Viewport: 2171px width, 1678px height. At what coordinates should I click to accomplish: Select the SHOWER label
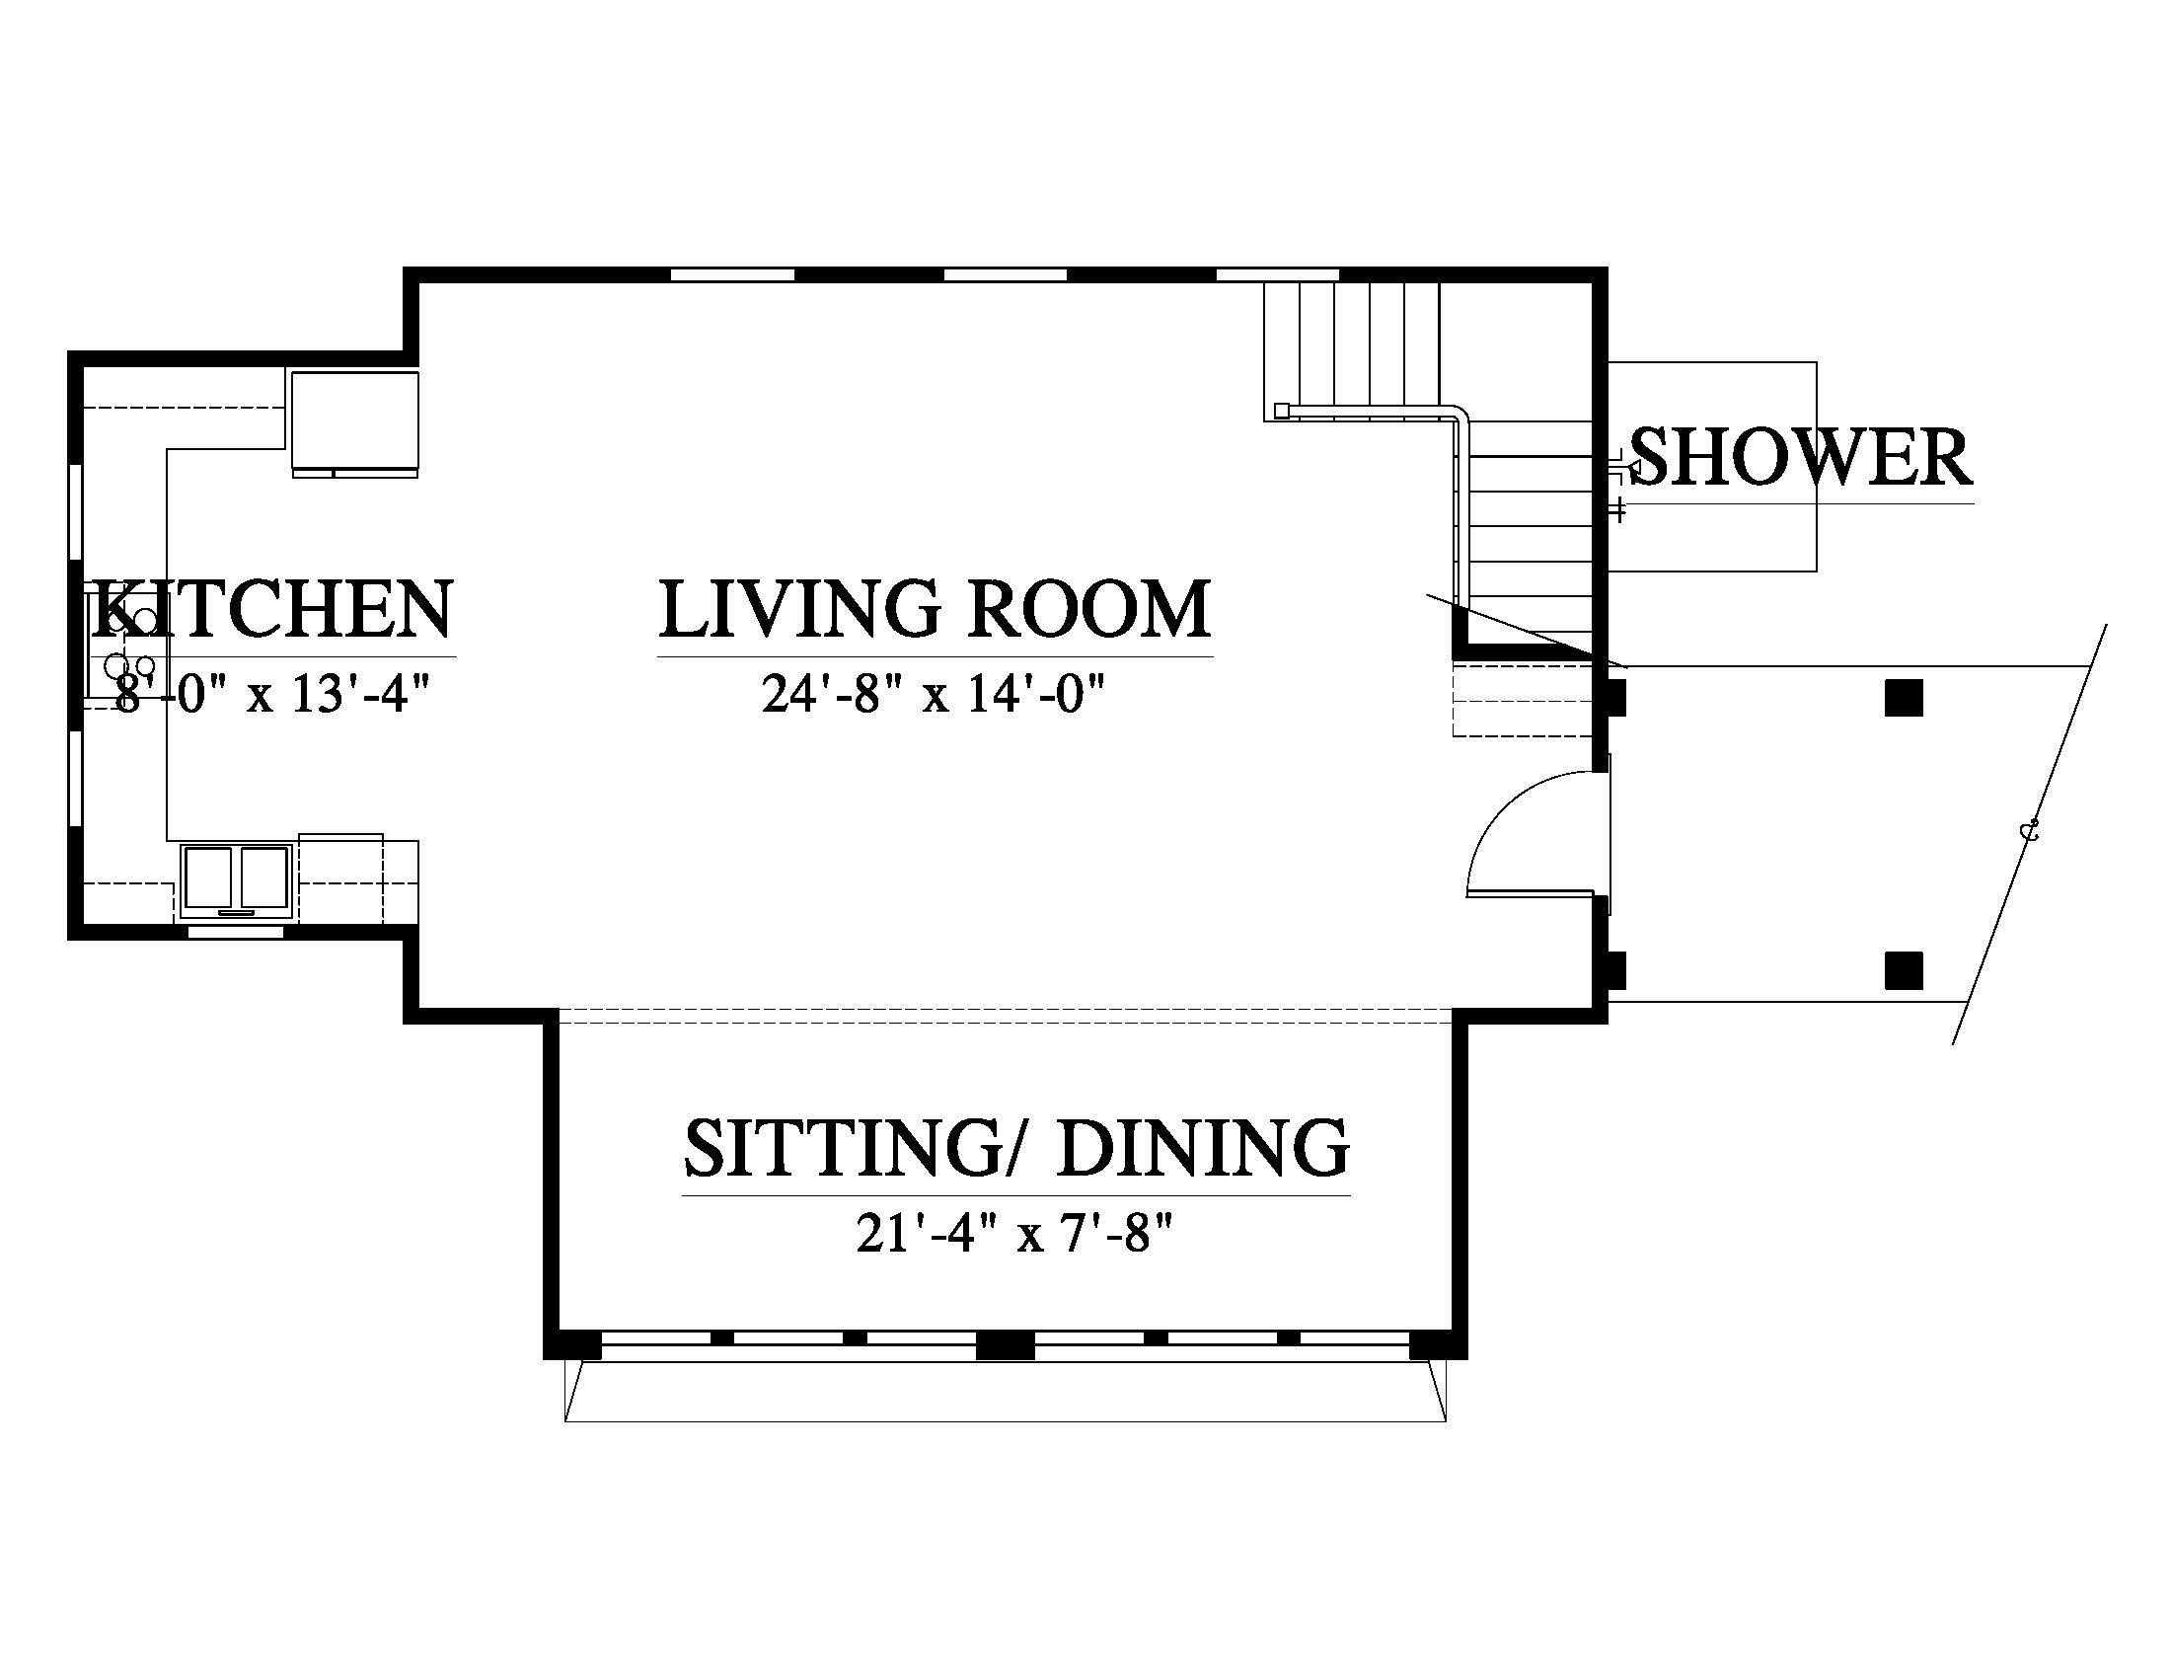1801,458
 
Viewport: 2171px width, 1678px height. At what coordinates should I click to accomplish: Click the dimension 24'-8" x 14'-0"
935,694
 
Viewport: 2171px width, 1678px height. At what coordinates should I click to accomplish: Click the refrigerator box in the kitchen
355,422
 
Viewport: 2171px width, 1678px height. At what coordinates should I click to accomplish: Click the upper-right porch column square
1904,699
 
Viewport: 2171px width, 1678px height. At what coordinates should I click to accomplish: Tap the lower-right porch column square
1904,970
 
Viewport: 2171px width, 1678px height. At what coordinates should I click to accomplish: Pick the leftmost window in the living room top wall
732,274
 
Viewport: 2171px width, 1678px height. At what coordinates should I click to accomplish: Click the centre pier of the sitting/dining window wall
1006,1345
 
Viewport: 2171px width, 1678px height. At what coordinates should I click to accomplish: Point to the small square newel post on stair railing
1281,410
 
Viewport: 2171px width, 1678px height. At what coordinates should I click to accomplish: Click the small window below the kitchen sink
237,932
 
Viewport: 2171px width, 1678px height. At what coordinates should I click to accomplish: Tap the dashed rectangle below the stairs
1522,701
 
